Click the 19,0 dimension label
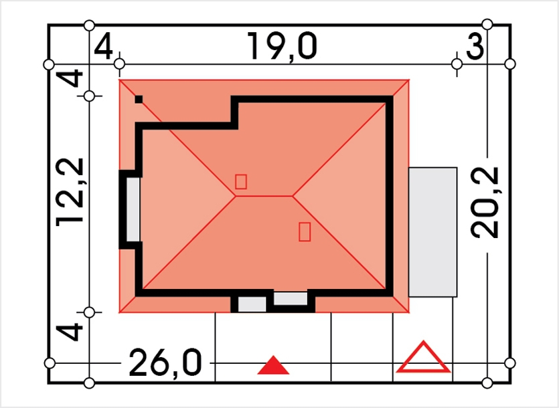click(282, 47)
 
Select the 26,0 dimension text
click(165, 363)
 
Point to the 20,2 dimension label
click(485, 203)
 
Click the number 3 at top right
click(475, 47)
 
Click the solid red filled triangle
click(273, 365)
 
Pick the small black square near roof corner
click(139, 100)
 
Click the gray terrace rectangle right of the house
click(432, 232)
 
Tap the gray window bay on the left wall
click(133, 209)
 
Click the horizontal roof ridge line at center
click(264, 196)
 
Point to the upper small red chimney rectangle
click(240, 181)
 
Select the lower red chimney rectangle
click(305, 231)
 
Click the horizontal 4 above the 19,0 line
click(103, 47)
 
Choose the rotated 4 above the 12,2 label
click(70, 78)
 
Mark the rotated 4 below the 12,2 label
click(70, 332)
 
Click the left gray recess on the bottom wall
click(252, 304)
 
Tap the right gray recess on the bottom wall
click(291, 298)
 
